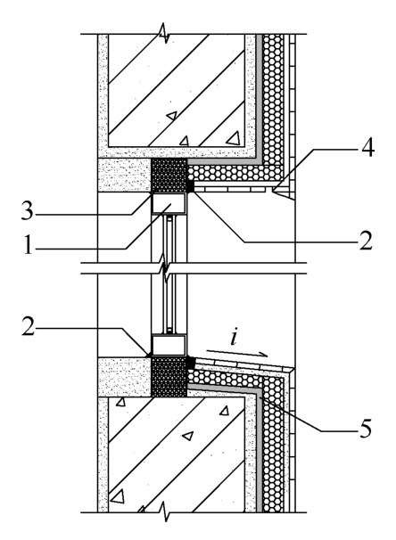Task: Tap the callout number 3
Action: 28,211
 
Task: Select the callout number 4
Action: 367,148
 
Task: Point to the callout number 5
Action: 366,429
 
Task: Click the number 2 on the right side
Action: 366,241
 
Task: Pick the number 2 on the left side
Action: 29,326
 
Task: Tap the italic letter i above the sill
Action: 235,337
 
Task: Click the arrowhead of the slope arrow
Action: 263,355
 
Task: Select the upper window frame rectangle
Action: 169,203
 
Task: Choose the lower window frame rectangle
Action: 169,345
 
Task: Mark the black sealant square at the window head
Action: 190,186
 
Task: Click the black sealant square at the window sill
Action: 191,363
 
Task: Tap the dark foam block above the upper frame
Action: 169,176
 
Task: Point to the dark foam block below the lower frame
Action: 169,377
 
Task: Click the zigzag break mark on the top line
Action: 164,33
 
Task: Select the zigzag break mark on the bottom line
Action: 165,511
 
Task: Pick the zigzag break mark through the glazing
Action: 165,268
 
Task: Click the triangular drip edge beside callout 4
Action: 284,193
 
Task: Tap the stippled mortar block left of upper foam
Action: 124,175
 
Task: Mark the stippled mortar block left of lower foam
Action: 124,377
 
